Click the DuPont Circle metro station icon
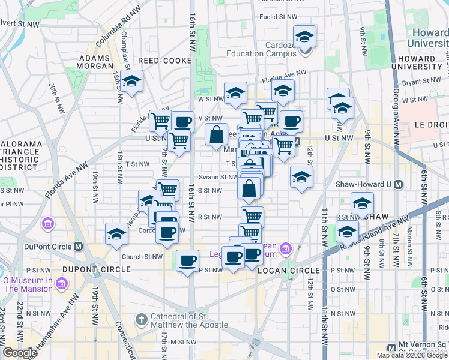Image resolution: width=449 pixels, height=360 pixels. pos(78,247)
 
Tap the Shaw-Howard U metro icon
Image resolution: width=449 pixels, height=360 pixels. pos(398,185)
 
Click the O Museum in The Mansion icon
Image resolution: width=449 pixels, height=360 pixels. pos(61,282)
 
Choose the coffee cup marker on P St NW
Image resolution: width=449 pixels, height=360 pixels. pos(188,261)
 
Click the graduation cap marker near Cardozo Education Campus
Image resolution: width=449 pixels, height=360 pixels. pos(305,37)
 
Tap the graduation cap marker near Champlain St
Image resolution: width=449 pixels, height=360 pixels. pos(131,82)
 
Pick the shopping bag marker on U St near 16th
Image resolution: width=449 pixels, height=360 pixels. pos(216,134)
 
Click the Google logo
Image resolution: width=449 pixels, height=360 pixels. pos(20,353)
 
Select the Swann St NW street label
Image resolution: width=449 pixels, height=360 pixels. pos(218,177)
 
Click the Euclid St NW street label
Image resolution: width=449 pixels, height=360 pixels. pos(282,17)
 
